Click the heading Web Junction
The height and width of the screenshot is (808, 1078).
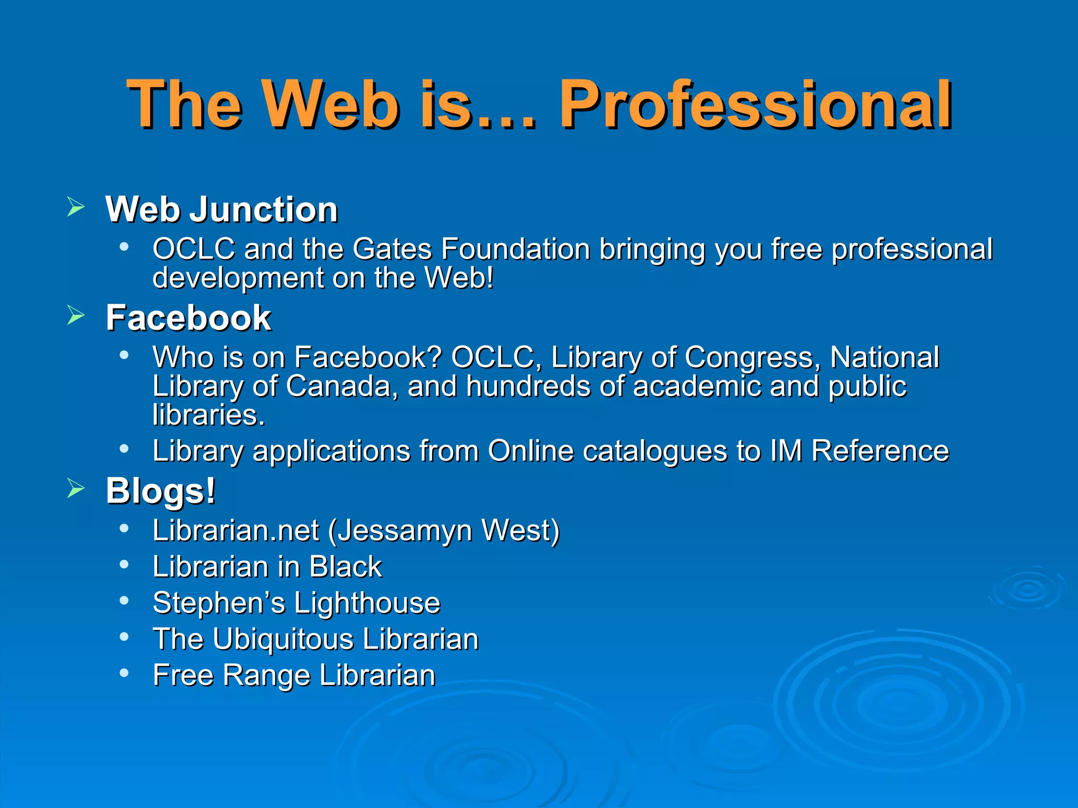click(222, 209)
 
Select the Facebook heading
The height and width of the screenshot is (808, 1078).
click(188, 318)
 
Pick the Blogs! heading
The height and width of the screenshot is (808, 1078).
click(161, 491)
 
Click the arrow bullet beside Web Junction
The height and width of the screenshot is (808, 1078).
click(76, 207)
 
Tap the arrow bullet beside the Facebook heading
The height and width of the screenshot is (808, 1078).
click(76, 316)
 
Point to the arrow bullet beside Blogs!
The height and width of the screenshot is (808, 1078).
click(76, 489)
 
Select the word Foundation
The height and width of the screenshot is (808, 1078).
click(515, 249)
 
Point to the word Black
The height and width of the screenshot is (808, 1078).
click(345, 567)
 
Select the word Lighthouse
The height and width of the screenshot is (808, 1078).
click(367, 603)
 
